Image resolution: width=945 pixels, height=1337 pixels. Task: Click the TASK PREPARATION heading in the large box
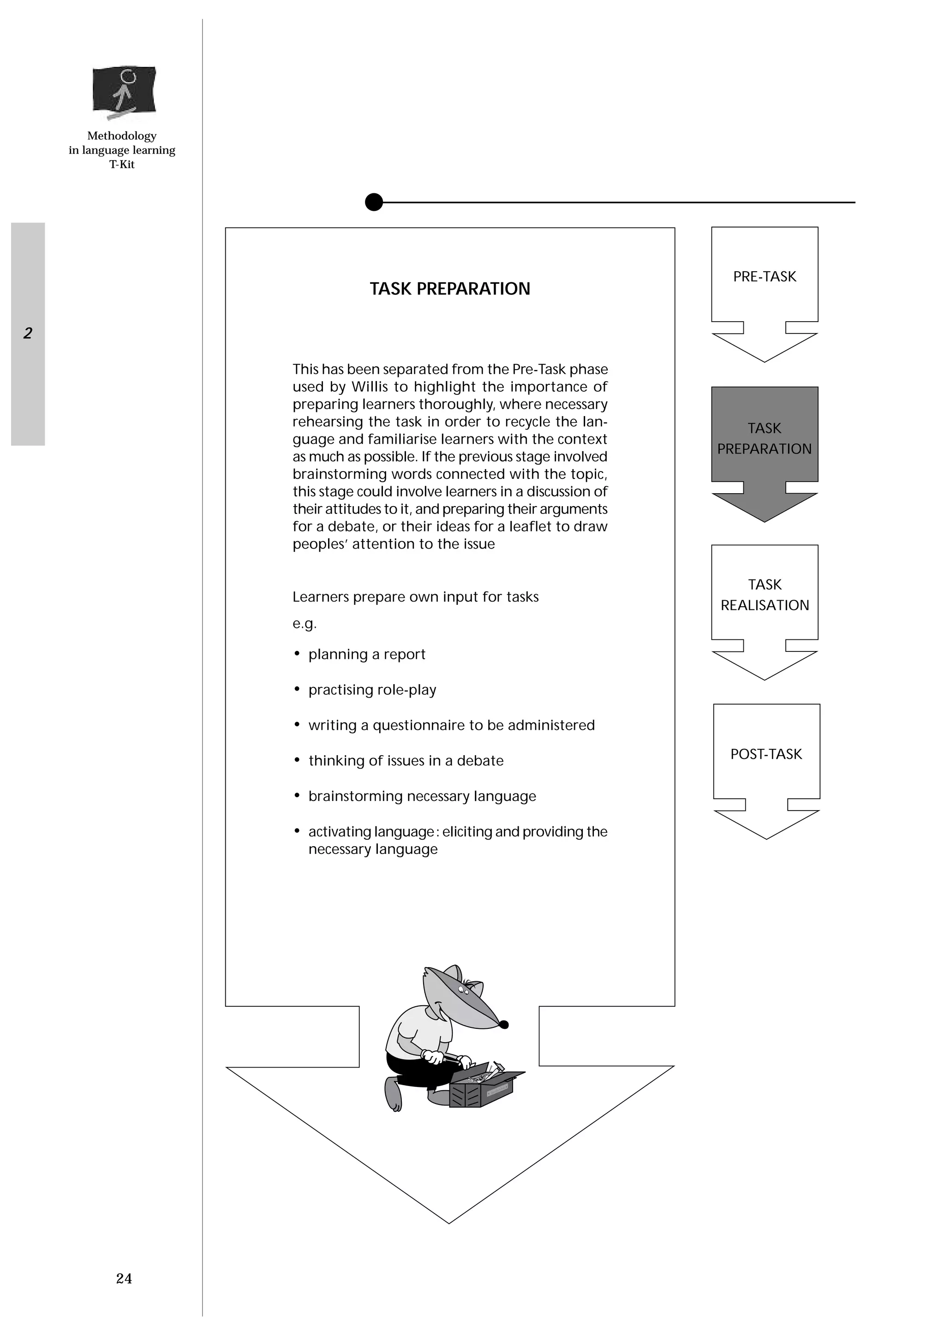[x=449, y=289]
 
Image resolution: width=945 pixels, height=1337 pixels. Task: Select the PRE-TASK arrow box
[x=764, y=277]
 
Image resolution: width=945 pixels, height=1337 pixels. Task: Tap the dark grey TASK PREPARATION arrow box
[x=764, y=438]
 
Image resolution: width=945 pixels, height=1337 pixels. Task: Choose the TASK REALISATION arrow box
[x=764, y=595]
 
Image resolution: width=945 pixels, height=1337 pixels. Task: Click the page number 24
[x=124, y=1278]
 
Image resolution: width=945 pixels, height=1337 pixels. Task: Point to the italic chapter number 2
[x=27, y=333]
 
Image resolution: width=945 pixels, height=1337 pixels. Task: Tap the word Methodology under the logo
[x=122, y=136]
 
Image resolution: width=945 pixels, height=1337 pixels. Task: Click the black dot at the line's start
[x=374, y=202]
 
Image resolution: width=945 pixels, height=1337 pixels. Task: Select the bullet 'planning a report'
[x=367, y=655]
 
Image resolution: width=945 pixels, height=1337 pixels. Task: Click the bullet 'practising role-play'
[x=372, y=690]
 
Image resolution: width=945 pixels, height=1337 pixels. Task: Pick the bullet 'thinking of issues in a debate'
[x=406, y=761]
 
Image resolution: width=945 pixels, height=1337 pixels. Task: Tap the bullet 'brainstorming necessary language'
[x=422, y=797]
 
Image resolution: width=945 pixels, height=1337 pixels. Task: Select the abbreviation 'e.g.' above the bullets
[x=305, y=624]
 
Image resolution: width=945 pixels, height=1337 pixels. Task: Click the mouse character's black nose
[x=504, y=1025]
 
